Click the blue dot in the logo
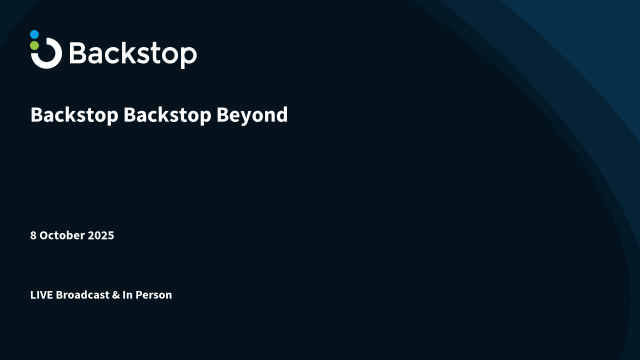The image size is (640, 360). coord(34,34)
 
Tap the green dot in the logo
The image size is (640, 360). coord(34,45)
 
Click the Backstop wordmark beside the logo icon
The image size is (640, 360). coord(133,53)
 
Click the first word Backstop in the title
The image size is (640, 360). coord(74,115)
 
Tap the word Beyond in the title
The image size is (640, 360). coord(252,115)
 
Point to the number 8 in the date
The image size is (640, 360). coord(33,235)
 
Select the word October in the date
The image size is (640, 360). coord(62,235)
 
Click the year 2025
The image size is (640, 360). coord(101,235)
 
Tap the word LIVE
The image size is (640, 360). coord(41,295)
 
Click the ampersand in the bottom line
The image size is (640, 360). coord(115,295)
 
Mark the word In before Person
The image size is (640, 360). coord(127,295)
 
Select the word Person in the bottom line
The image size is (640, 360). coord(153,295)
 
